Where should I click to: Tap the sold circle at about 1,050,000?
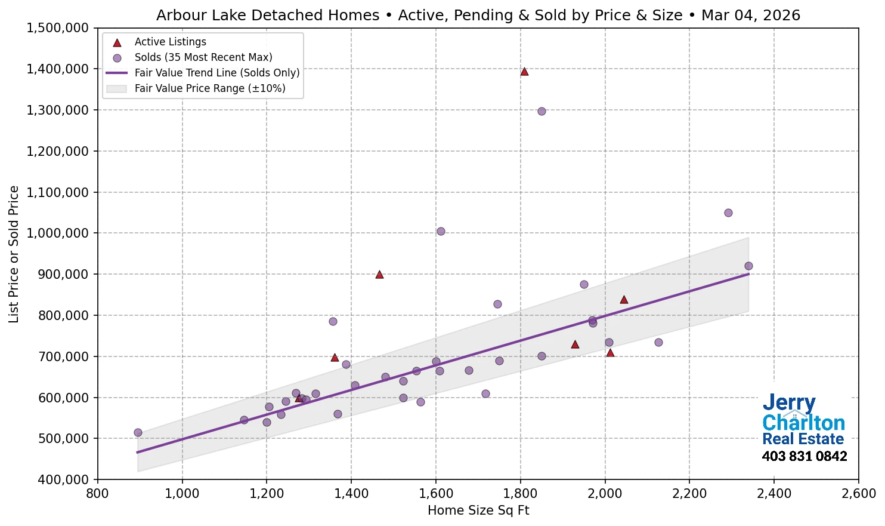[728, 213]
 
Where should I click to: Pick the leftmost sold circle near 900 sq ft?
[138, 432]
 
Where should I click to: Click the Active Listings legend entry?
[170, 42]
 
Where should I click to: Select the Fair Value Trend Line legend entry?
[216, 73]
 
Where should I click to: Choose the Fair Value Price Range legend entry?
[209, 88]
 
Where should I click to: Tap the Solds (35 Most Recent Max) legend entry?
[203, 57]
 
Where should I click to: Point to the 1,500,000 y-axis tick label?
[57, 28]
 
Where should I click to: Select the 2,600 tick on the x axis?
[858, 494]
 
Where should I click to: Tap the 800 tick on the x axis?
[98, 494]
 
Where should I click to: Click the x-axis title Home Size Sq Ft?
[478, 510]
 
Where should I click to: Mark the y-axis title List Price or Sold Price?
[14, 254]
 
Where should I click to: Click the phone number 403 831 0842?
[804, 457]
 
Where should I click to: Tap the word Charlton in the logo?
[803, 423]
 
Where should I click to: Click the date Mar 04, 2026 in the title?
[750, 15]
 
